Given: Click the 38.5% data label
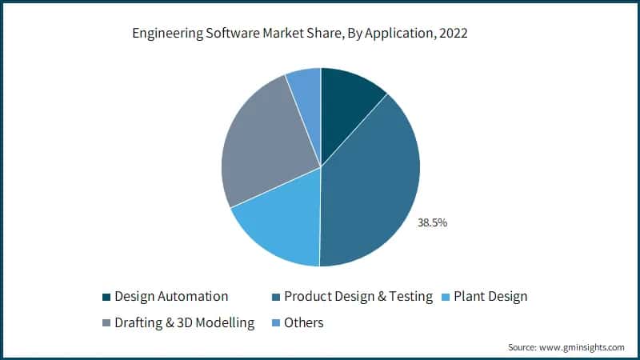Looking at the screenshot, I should pyautogui.click(x=432, y=222).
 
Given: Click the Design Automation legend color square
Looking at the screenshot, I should pyautogui.click(x=107, y=297).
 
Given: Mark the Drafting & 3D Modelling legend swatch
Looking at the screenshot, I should pyautogui.click(x=107, y=323).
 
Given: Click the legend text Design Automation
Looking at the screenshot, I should pyautogui.click(x=171, y=297).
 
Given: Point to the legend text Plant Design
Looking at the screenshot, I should pyautogui.click(x=490, y=297).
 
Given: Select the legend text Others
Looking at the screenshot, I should pyautogui.click(x=303, y=323).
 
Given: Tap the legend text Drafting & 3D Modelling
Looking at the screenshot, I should pyautogui.click(x=184, y=323).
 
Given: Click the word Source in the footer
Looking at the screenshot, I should pyautogui.click(x=522, y=347).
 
